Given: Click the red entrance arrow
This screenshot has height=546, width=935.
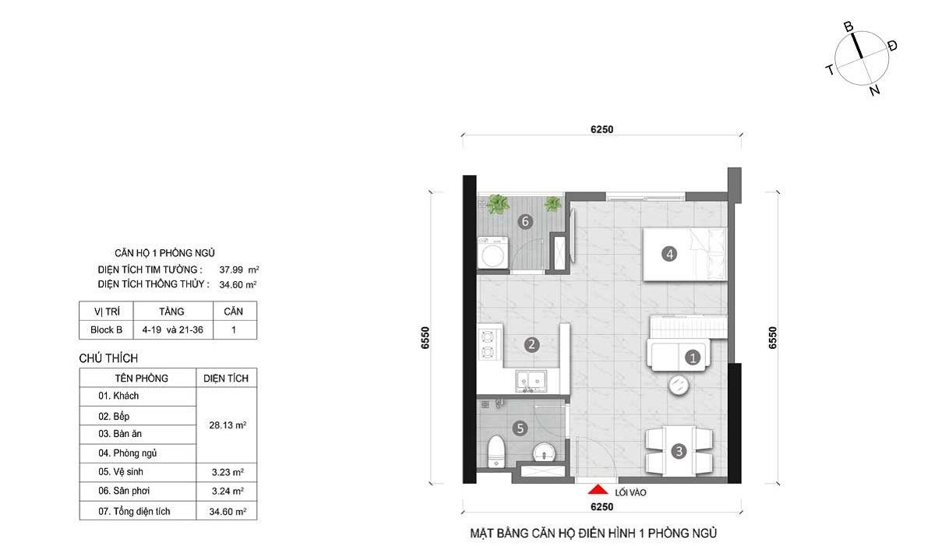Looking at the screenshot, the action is (x=598, y=489).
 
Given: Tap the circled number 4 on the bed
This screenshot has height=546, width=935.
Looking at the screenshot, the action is (x=669, y=254).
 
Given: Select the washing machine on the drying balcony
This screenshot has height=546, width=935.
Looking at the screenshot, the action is (x=493, y=252).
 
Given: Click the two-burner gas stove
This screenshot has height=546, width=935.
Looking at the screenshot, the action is (x=488, y=344).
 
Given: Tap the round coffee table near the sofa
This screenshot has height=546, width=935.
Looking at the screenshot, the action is (x=679, y=385).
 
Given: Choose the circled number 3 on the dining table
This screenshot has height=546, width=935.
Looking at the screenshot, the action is (x=679, y=451).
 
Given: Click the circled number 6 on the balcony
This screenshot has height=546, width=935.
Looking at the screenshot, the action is (x=525, y=221).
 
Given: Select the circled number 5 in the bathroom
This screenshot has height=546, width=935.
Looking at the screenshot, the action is (x=520, y=428).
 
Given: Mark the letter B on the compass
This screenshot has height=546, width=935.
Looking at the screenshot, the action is (x=849, y=27).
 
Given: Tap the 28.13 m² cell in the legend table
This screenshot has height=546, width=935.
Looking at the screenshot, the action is (x=228, y=425).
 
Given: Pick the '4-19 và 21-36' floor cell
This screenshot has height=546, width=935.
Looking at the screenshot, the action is (x=173, y=329).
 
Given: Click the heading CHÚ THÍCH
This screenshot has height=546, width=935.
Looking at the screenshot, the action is (x=108, y=358).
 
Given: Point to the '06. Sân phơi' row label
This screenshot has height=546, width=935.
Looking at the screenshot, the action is (x=124, y=491).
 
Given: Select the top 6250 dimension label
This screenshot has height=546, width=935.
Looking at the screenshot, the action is (x=602, y=129).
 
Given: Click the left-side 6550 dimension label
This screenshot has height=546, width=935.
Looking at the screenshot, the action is (x=425, y=338).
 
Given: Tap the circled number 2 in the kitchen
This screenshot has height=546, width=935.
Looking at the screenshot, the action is (x=531, y=344).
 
